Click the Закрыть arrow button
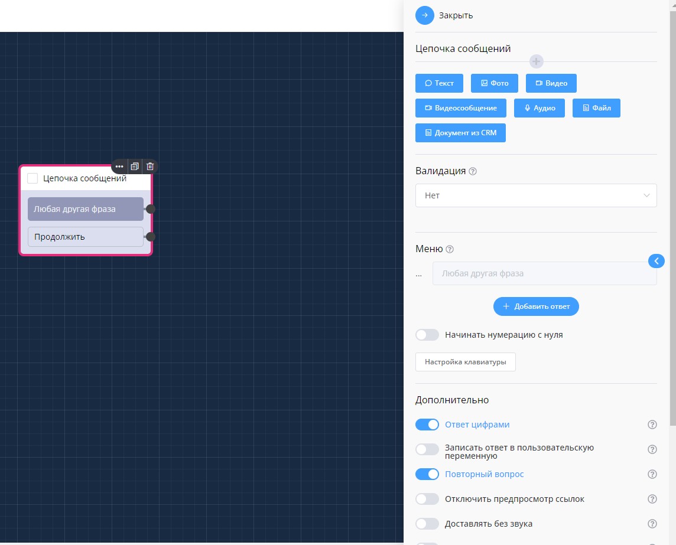425,15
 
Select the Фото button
494,83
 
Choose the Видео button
551,83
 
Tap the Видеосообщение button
460,108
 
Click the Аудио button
539,108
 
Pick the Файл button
596,108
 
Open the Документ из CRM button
460,133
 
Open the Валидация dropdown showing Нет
536,195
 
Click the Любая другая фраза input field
544,273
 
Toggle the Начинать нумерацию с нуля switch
427,335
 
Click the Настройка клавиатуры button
466,362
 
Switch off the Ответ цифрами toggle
427,425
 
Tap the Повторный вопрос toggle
427,474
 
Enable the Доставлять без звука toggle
427,524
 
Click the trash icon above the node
150,167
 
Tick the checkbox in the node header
33,178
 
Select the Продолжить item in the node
85,237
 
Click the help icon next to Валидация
473,171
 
